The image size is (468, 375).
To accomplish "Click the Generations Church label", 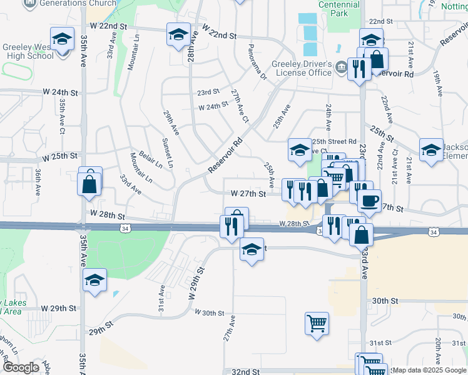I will [78, 3].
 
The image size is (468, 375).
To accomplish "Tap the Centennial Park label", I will [339, 8].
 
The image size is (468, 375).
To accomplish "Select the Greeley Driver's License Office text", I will [301, 68].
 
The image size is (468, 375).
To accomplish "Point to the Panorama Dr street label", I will [257, 62].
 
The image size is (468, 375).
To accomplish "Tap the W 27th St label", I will [248, 194].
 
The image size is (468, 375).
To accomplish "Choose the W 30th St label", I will [209, 312].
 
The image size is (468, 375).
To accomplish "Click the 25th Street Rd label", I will [334, 141].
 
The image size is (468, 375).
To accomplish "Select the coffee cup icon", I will [369, 200].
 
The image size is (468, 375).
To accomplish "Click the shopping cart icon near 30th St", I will [317, 324].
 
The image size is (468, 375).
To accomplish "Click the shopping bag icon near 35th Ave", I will [89, 184].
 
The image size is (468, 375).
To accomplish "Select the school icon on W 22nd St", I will [178, 34].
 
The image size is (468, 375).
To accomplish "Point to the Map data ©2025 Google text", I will [429, 370].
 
